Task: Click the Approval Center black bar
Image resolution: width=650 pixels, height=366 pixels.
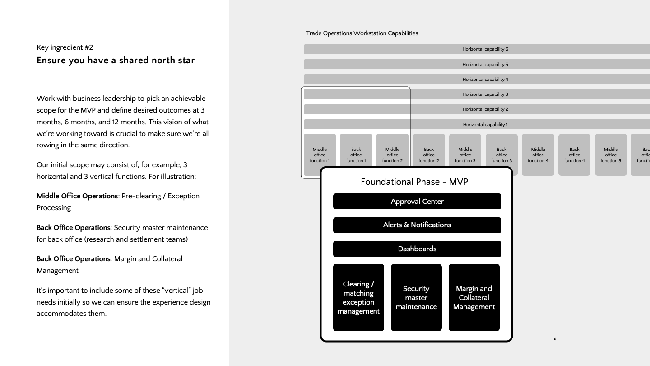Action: [x=417, y=202]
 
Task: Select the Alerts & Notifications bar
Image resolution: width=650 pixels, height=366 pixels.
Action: [x=417, y=225]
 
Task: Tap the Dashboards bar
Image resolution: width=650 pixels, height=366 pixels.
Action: [x=417, y=249]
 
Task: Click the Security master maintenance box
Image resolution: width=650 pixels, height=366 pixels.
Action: [x=416, y=298]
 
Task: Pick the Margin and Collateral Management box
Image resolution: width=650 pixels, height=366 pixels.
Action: [x=474, y=298]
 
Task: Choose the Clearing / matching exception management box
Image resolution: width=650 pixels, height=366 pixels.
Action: [x=358, y=298]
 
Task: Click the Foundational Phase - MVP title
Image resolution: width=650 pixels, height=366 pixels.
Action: [x=414, y=182]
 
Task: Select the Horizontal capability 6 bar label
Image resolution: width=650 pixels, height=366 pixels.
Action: [x=485, y=49]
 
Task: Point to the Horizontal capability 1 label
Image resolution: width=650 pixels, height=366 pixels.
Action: [x=485, y=125]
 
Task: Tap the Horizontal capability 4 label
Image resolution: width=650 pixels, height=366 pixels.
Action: [x=485, y=80]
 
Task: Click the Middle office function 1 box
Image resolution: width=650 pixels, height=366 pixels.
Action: [x=320, y=155]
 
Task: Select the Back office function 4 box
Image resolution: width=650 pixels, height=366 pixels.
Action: [x=574, y=155]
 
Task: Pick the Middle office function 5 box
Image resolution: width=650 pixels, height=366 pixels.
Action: [x=611, y=155]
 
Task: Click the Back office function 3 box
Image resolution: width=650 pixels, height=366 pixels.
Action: [x=501, y=155]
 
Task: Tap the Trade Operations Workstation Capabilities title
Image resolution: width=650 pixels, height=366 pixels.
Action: [x=362, y=33]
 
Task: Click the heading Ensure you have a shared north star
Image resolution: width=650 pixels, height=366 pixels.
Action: [x=116, y=61]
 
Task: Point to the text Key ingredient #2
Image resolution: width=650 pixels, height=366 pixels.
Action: [x=65, y=47]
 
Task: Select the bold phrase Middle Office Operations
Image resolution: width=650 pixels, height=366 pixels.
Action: [x=77, y=196]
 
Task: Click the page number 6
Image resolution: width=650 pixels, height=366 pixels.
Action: [x=555, y=339]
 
